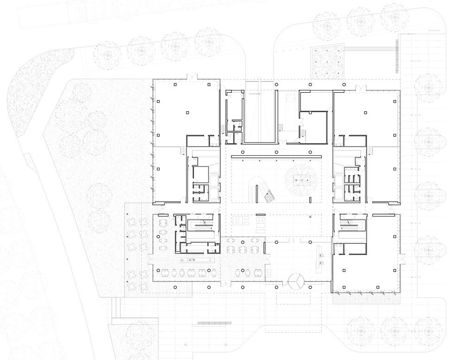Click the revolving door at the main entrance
coord(295,280)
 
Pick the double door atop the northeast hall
coord(360,87)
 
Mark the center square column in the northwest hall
coord(188,112)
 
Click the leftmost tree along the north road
coord(107,55)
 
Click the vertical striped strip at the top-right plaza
coord(397,56)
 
